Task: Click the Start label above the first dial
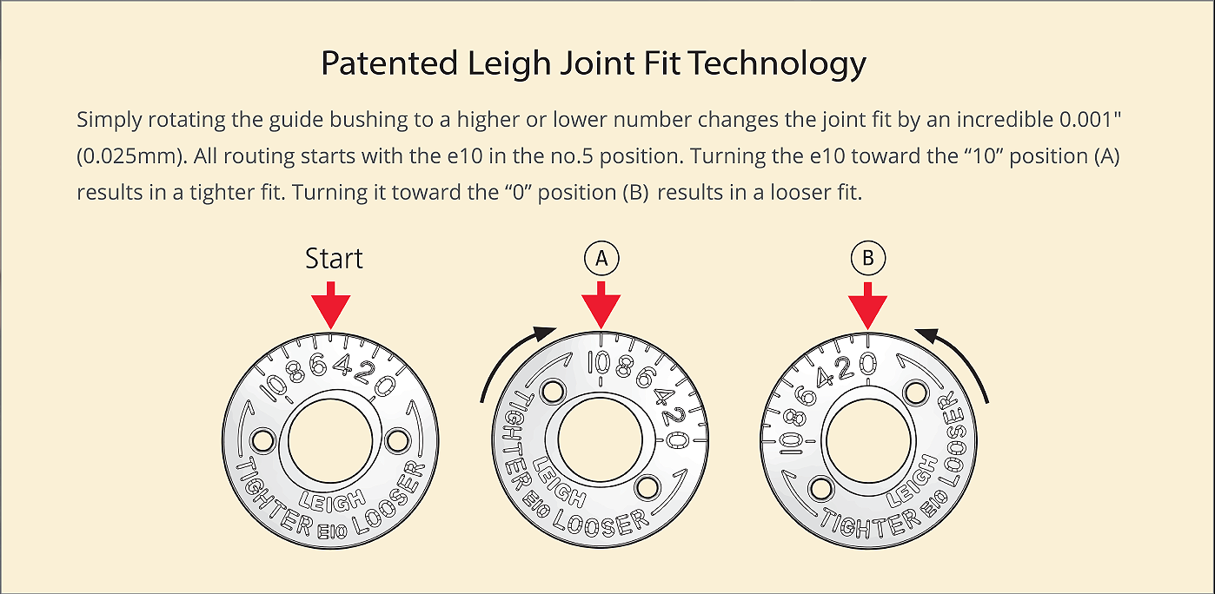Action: click(x=334, y=259)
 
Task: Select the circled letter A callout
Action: click(x=601, y=259)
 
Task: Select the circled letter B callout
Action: click(x=868, y=259)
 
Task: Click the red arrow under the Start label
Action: click(x=331, y=304)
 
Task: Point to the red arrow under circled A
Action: click(x=601, y=304)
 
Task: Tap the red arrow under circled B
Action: click(x=868, y=304)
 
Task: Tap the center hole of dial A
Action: click(x=600, y=439)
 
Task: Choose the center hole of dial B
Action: click(x=867, y=439)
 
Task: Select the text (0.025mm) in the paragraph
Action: click(x=129, y=155)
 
